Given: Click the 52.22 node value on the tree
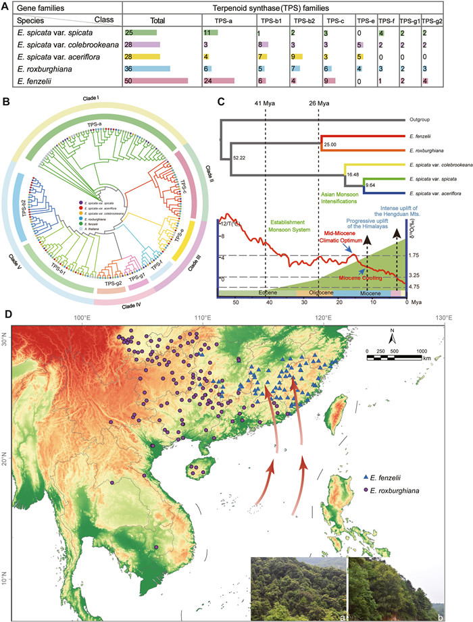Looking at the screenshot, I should pyautogui.click(x=239, y=157).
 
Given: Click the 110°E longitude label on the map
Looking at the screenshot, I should pyautogui.click(x=203, y=318).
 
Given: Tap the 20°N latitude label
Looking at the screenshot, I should pyautogui.click(x=7, y=461).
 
